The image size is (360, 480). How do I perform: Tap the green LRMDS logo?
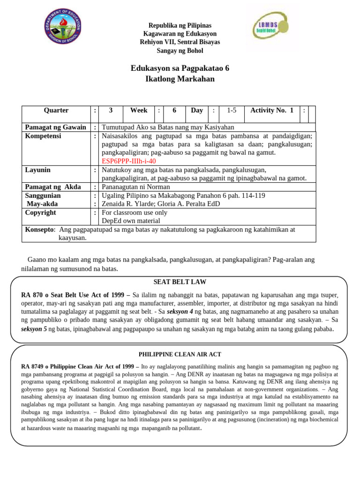pos(270,27)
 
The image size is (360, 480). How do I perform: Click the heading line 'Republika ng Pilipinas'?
pos(180,25)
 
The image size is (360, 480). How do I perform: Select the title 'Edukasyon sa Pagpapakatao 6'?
pos(180,68)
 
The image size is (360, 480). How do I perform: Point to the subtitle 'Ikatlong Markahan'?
pos(180,79)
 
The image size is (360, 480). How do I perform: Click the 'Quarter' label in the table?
pos(56,111)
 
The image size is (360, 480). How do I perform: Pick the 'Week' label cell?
pos(139,111)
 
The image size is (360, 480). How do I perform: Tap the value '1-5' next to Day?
pos(232,111)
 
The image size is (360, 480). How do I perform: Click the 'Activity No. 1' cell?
pos(272,111)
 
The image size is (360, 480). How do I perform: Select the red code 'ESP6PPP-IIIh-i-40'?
pos(129,161)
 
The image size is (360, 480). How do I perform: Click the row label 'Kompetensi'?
pos(43,136)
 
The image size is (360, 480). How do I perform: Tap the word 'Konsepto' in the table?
pos(39,229)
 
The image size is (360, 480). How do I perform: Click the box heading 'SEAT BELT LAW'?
pos(180,282)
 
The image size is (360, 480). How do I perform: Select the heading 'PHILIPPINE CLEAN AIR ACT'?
pos(180,354)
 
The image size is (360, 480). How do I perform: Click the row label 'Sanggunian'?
pos(43,195)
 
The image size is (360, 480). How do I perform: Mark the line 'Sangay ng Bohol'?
pos(180,51)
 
